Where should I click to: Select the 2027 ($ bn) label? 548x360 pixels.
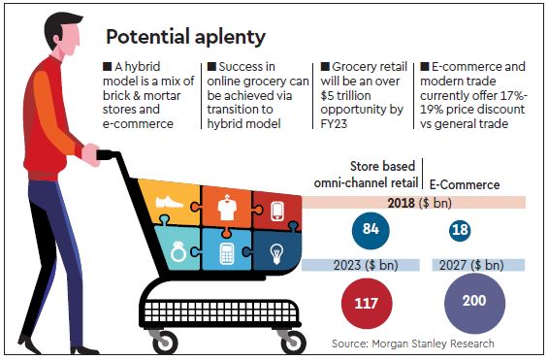click(x=474, y=265)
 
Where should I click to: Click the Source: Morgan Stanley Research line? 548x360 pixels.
click(x=412, y=344)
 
